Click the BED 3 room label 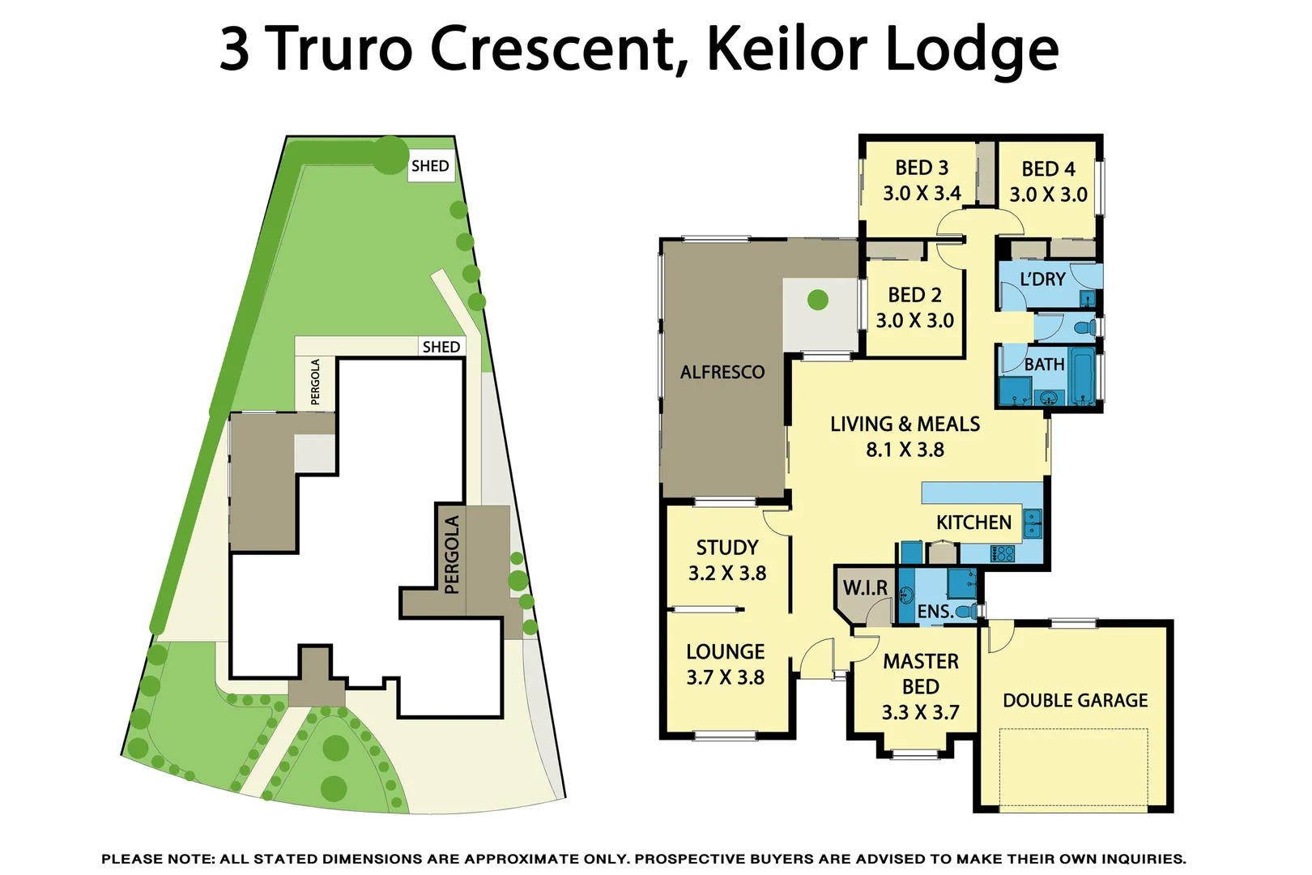click(x=921, y=168)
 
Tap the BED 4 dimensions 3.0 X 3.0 click(x=1048, y=194)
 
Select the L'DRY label click(x=1042, y=280)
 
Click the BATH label click(x=1044, y=365)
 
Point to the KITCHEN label click(x=973, y=523)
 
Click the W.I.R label click(x=865, y=587)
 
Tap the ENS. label click(x=935, y=612)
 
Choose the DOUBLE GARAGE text click(x=1075, y=700)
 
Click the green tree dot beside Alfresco click(x=818, y=300)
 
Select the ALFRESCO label click(x=722, y=372)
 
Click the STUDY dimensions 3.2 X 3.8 click(x=726, y=574)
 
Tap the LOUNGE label click(x=725, y=651)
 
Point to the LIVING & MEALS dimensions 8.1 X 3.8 click(x=905, y=450)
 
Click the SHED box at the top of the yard click(x=430, y=166)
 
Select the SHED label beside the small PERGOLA click(x=441, y=347)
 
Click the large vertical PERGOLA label click(x=452, y=555)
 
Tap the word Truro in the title click(x=340, y=49)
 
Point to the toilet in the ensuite click(x=965, y=612)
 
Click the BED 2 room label click(x=914, y=295)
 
